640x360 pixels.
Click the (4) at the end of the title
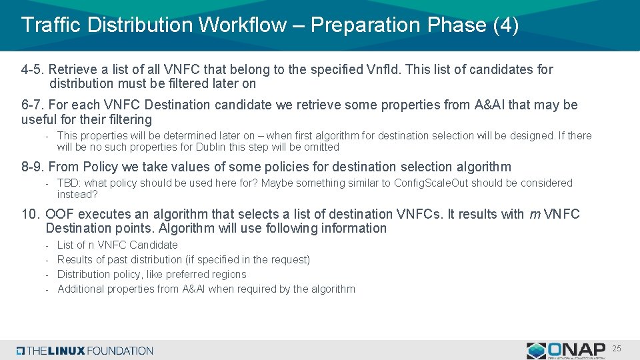coord(505,25)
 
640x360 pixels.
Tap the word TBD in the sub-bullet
coord(68,183)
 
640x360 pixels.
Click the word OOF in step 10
coord(59,214)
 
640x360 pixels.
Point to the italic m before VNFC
coord(534,214)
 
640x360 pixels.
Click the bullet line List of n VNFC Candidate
coord(117,245)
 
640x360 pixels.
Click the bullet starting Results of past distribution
coord(183,259)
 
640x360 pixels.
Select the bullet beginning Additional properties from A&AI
coord(206,289)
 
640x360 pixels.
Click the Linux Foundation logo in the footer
coord(85,350)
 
